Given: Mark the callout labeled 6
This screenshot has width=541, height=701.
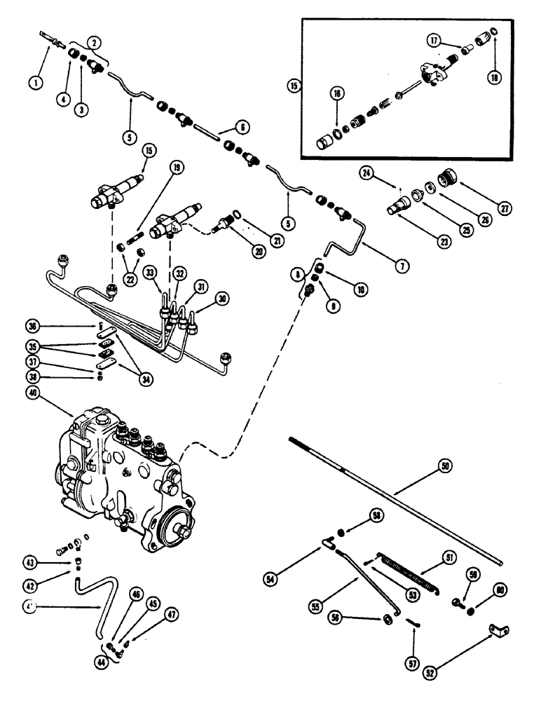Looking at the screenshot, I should tap(223, 128).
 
